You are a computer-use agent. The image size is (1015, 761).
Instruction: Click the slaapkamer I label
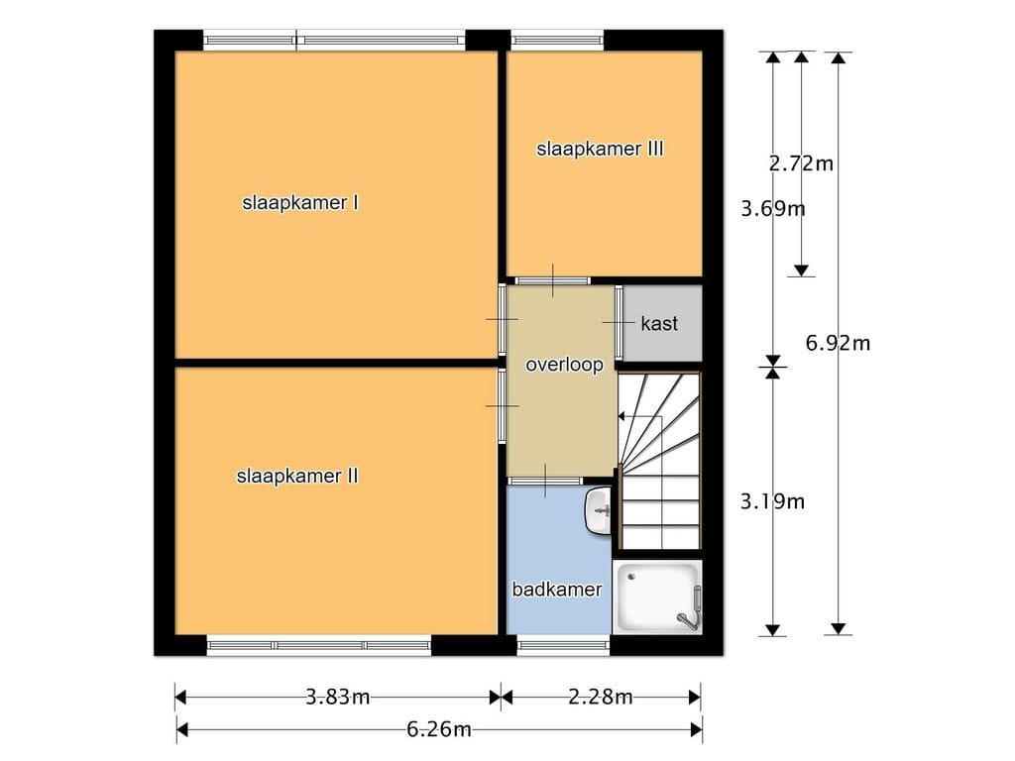point(300,203)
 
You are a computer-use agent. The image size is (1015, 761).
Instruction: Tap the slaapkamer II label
point(297,477)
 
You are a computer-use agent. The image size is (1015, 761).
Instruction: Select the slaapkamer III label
point(600,150)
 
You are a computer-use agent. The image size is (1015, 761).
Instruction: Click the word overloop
point(564,365)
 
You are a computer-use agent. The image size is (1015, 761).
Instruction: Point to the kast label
point(659,324)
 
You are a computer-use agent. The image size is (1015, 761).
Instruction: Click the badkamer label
point(557,590)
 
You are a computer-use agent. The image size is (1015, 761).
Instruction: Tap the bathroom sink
point(598,512)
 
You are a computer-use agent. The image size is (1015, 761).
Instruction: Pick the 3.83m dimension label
point(337,697)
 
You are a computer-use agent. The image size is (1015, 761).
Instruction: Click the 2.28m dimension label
point(600,697)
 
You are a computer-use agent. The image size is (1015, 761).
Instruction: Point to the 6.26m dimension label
point(438,730)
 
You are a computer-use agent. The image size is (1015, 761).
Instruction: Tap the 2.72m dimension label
point(801,163)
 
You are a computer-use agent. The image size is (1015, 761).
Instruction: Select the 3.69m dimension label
point(773,209)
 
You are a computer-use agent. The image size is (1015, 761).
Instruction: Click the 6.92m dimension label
point(838,343)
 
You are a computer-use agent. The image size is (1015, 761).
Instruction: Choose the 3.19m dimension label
point(772,501)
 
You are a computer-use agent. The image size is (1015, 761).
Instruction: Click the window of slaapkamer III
point(557,40)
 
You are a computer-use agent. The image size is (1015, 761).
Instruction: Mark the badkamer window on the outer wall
point(563,645)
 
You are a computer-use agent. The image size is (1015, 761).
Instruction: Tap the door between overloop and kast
point(619,322)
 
